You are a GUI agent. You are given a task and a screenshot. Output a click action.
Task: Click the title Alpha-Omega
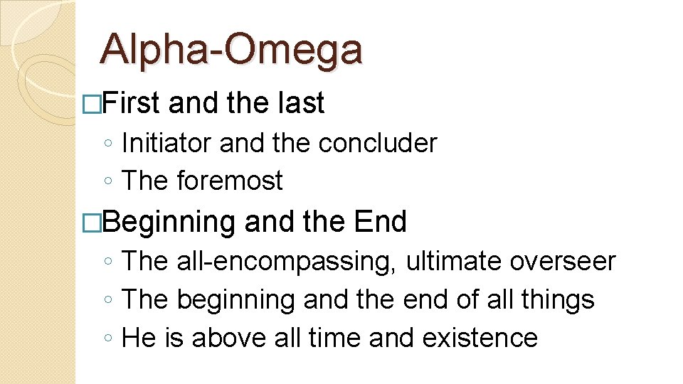coord(231,50)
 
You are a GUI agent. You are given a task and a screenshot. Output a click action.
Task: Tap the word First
coord(132,104)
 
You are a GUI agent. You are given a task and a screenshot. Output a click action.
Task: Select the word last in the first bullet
coord(298,104)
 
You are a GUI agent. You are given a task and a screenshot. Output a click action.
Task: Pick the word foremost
coord(230,181)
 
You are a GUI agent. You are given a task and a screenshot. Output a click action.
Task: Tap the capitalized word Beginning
coord(169,222)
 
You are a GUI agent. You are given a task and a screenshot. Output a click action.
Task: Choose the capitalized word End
coord(379,222)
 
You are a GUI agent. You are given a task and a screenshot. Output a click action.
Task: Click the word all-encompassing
coord(287,262)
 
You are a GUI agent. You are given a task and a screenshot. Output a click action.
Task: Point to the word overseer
coord(562,261)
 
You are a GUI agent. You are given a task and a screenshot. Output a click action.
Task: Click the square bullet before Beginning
coord(92,223)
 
